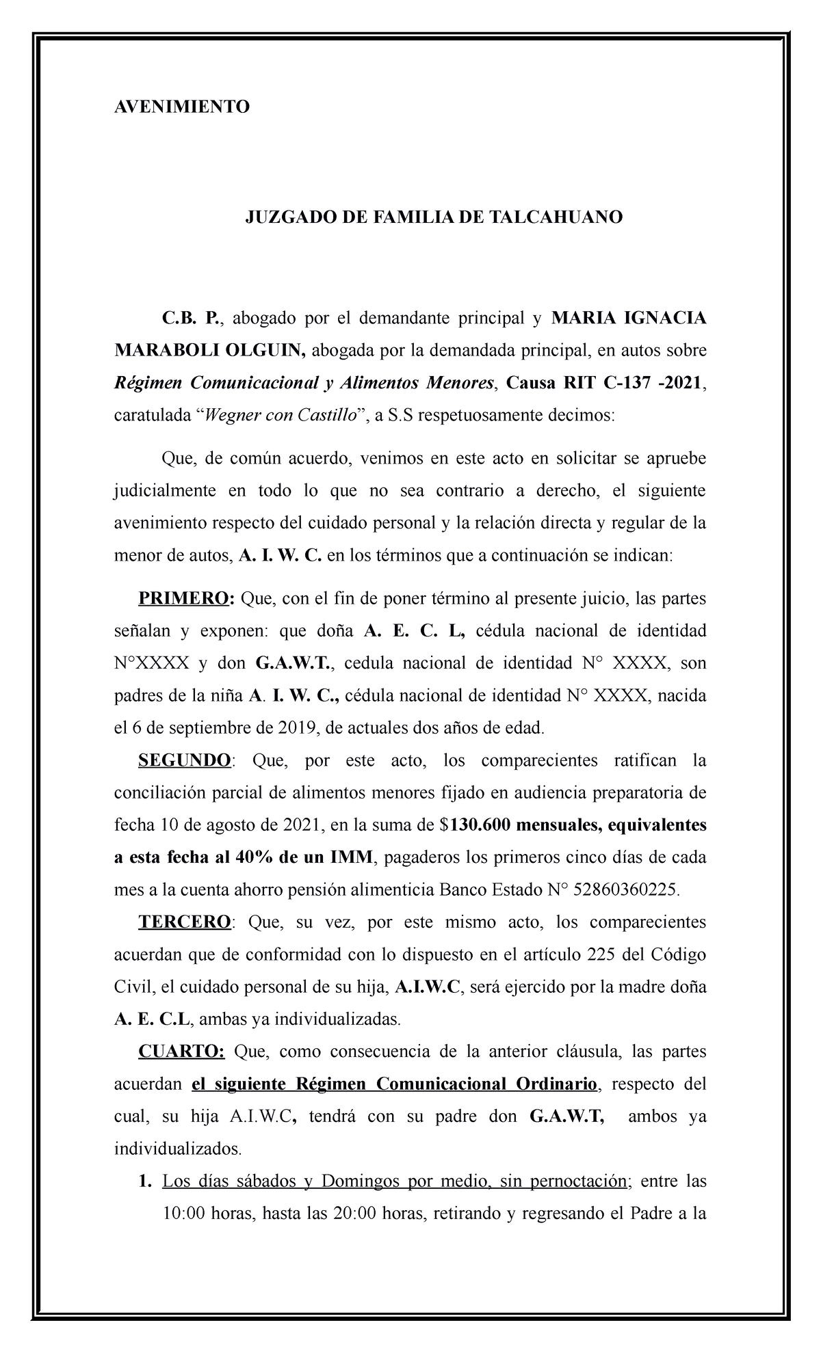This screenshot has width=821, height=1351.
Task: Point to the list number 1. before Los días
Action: (144, 1181)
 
